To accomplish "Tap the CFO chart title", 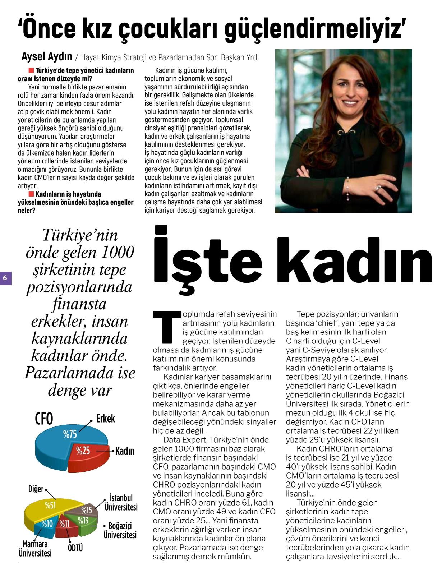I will pos(44,419).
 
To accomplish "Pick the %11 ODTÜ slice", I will pos(66,525).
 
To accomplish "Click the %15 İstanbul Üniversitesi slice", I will pos(86,509).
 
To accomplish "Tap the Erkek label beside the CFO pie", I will pos(105,419).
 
